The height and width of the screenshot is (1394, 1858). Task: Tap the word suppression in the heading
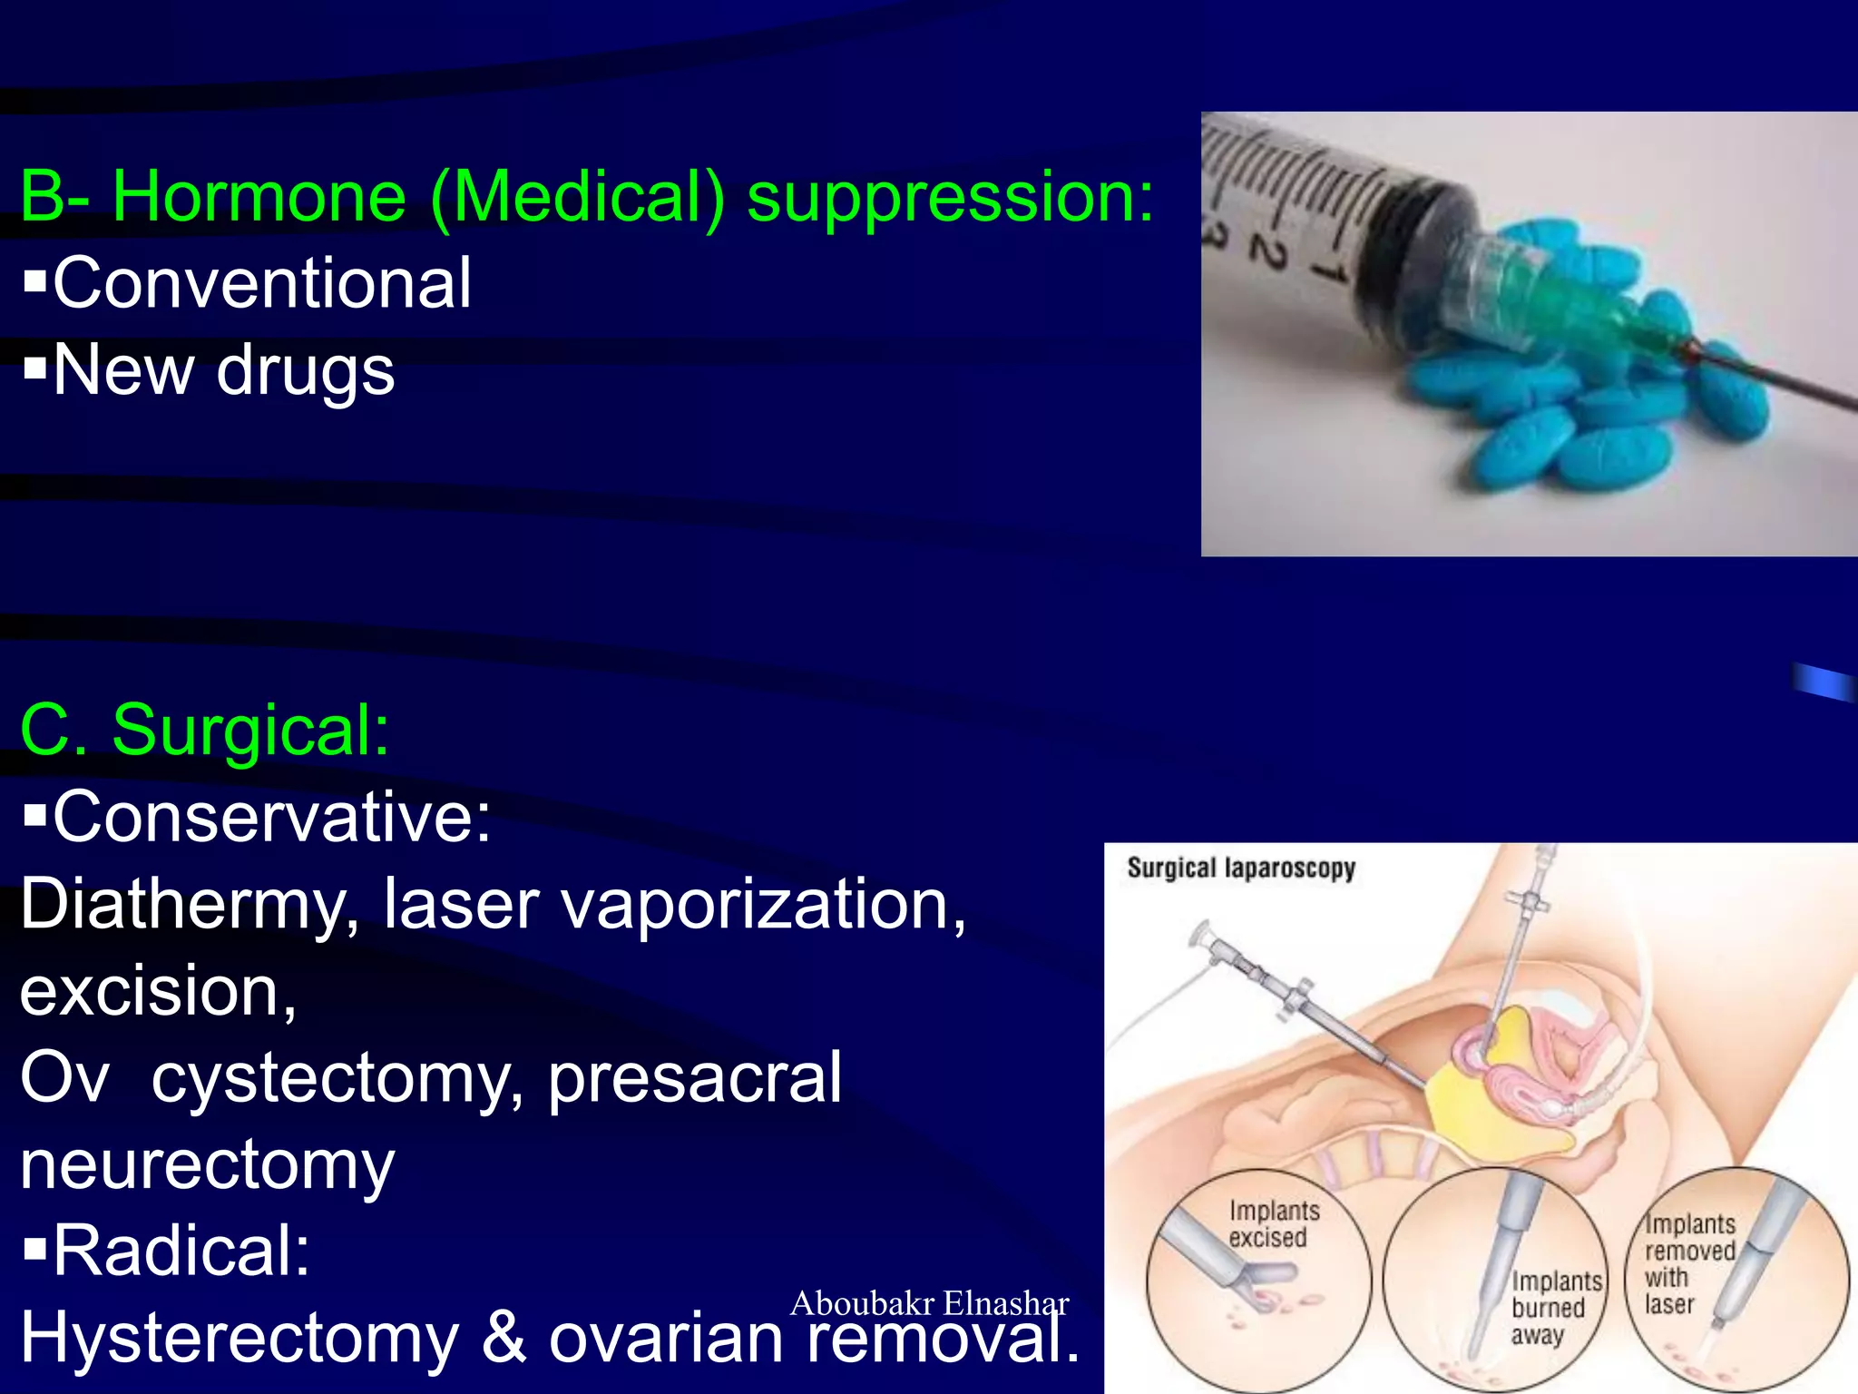(949, 198)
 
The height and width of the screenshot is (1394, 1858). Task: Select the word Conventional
(262, 283)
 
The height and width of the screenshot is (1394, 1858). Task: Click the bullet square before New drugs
(34, 368)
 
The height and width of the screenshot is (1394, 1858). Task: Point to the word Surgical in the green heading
(249, 730)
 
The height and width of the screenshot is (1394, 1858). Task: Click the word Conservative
(271, 817)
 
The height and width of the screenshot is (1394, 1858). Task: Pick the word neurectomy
(208, 1165)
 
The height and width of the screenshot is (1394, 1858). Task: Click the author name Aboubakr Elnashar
(929, 1303)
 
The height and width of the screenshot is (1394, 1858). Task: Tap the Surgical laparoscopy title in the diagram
(1240, 869)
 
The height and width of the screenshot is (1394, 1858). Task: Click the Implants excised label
(1274, 1224)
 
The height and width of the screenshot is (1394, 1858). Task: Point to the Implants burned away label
(1555, 1308)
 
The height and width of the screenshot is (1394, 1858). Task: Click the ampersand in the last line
(504, 1339)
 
